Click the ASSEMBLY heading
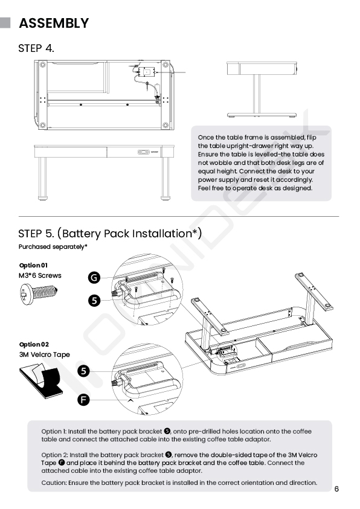(x=54, y=23)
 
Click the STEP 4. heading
(x=36, y=48)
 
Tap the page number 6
(x=336, y=489)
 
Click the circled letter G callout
(x=94, y=278)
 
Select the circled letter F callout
(x=83, y=399)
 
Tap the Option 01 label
(x=33, y=266)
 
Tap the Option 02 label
(x=34, y=344)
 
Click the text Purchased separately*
(x=53, y=247)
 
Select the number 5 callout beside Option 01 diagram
(x=94, y=300)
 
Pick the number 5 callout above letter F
(x=83, y=371)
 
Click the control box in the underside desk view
(x=146, y=72)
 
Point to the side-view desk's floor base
(x=262, y=115)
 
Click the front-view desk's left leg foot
(x=42, y=197)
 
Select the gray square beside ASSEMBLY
(x=5, y=23)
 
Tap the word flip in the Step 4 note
(x=311, y=137)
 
